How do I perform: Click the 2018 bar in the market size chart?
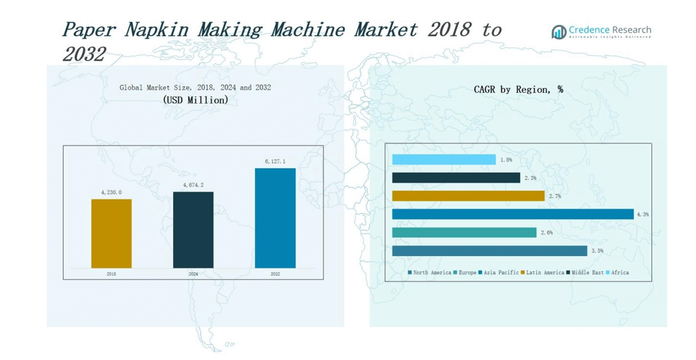(x=112, y=233)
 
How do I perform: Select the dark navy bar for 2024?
(x=193, y=229)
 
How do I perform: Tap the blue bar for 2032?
(x=275, y=218)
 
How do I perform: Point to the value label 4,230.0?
(x=112, y=192)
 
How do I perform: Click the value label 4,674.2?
(x=193, y=185)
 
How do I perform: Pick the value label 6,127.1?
(x=275, y=161)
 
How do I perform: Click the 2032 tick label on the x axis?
(x=275, y=274)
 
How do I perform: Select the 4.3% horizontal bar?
(x=512, y=214)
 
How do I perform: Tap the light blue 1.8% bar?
(x=443, y=160)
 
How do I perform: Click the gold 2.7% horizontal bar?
(x=468, y=196)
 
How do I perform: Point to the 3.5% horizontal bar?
(x=490, y=250)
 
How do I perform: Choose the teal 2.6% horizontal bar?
(x=464, y=233)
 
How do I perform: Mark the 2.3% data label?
(x=529, y=178)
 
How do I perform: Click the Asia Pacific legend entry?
(x=499, y=272)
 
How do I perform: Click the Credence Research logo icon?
(x=559, y=32)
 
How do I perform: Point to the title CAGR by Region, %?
(x=518, y=90)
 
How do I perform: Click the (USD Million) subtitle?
(x=195, y=100)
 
